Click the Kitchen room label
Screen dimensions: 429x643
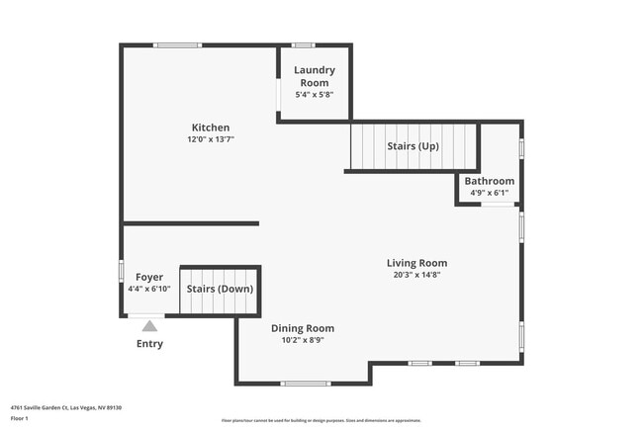coord(210,128)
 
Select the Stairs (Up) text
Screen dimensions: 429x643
coord(413,146)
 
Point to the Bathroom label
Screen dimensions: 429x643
coord(490,181)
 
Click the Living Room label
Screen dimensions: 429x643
coord(416,263)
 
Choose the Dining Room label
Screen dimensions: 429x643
coord(303,328)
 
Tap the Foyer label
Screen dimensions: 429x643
coord(149,277)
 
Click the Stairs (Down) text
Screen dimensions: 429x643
coord(220,289)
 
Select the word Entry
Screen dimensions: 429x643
coord(149,344)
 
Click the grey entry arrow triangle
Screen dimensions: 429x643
coord(149,325)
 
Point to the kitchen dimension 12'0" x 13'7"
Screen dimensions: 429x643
coord(210,139)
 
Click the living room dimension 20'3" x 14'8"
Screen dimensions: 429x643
coord(416,275)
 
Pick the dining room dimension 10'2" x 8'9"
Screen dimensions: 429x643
coord(303,340)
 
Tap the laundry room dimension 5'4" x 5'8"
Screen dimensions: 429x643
coord(315,94)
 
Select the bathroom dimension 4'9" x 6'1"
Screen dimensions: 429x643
coord(490,193)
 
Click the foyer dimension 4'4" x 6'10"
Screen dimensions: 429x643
coord(149,289)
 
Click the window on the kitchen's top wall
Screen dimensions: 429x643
coord(178,44)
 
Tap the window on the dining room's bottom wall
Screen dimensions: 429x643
coord(306,384)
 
